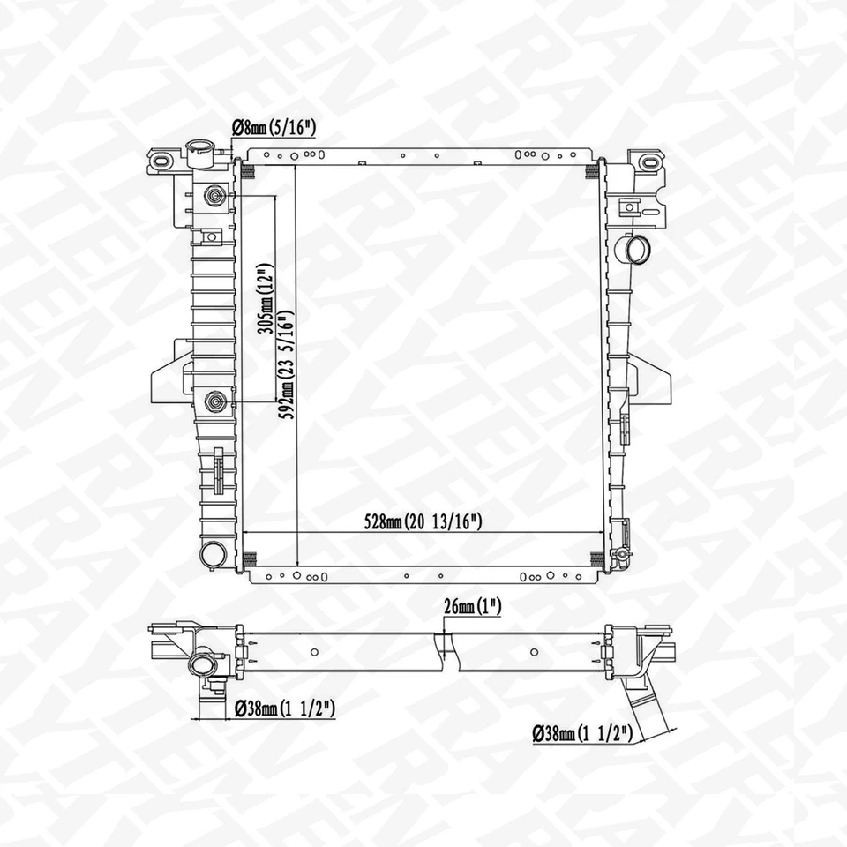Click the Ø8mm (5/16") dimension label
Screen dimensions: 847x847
273,129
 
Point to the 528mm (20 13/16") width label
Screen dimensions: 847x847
424,521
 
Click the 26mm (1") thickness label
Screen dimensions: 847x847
474,608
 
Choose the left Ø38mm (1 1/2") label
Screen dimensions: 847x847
284,707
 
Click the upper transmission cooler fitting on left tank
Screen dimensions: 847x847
214,195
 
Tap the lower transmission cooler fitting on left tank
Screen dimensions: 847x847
214,402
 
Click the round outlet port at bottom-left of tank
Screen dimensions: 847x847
213,554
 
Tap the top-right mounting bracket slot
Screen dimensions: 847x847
647,161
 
